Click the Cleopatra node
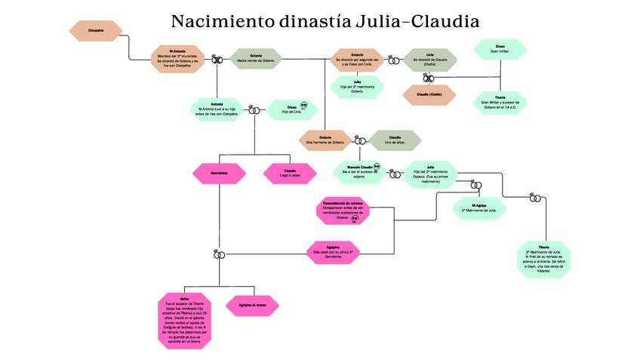(96, 30)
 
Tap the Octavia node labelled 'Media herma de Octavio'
(255, 59)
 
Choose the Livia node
(429, 60)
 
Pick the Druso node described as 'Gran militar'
(500, 50)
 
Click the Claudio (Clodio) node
(429, 95)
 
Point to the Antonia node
(217, 108)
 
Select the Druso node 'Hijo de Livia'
(288, 109)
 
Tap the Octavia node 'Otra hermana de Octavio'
(325, 140)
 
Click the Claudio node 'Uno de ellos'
(395, 140)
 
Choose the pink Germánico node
(220, 174)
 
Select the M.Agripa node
(478, 208)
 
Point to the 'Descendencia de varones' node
(343, 211)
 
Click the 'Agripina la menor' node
(252, 305)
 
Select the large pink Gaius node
(185, 321)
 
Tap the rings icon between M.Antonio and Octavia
(217, 59)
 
